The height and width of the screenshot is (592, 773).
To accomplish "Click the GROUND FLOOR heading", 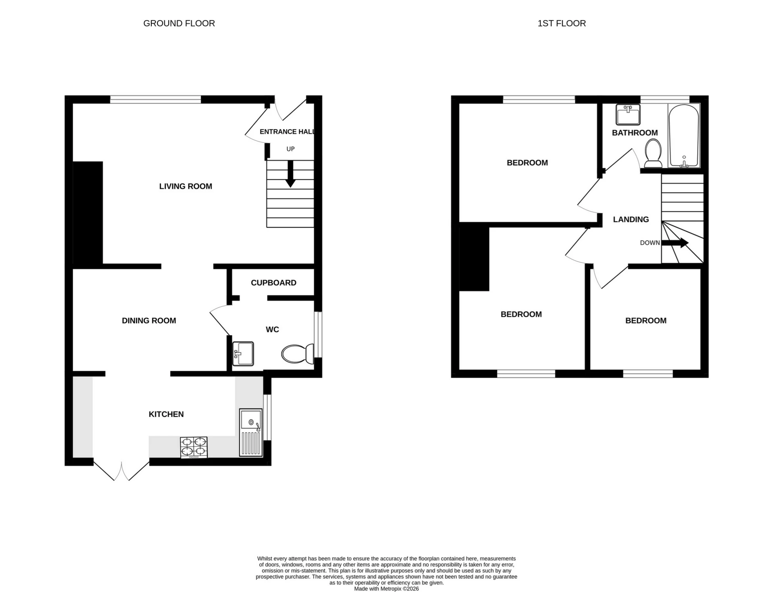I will click(x=179, y=23).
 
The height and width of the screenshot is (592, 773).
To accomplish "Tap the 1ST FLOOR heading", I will click(x=561, y=23).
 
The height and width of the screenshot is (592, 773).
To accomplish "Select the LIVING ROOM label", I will click(x=185, y=186).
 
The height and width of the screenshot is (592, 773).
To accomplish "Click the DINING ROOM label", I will click(x=149, y=321).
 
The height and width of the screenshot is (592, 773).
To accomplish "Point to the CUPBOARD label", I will click(x=273, y=283).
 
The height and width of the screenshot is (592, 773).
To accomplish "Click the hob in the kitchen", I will click(x=194, y=447).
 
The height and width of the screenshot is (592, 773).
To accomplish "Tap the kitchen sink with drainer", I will click(x=250, y=433).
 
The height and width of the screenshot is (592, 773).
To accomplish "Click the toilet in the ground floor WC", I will click(x=298, y=354).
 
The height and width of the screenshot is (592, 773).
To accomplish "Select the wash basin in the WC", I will click(x=243, y=353).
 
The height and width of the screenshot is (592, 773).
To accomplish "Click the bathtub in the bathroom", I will click(x=684, y=136).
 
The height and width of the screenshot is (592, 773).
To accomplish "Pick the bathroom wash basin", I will click(x=628, y=115).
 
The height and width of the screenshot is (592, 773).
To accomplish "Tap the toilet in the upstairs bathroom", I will click(x=653, y=153).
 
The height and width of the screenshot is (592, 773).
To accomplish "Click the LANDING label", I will click(x=630, y=220).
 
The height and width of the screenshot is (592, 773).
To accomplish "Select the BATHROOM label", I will click(x=635, y=133).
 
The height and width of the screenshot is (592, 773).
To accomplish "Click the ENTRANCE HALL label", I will click(x=287, y=132).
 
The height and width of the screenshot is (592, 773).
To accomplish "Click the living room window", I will click(x=155, y=99).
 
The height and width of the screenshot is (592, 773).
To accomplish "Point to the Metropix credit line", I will click(x=386, y=588).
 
